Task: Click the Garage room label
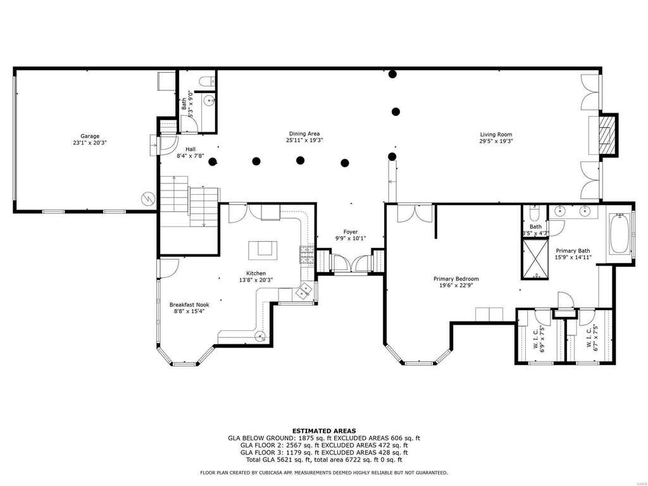(x=90, y=136)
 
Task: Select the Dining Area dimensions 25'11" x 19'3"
(x=304, y=140)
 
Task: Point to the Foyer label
(x=351, y=232)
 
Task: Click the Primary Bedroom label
(x=456, y=279)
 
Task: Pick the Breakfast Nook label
(x=189, y=305)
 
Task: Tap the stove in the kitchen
(x=307, y=254)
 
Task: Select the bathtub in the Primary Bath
(x=620, y=234)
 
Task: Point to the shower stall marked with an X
(x=535, y=258)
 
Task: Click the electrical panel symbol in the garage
(x=147, y=199)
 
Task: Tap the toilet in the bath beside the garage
(x=206, y=80)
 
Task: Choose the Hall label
(x=190, y=149)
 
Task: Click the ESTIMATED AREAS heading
(x=324, y=431)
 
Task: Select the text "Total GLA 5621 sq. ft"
(x=279, y=459)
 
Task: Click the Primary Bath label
(x=573, y=251)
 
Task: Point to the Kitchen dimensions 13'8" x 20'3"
(x=256, y=280)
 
